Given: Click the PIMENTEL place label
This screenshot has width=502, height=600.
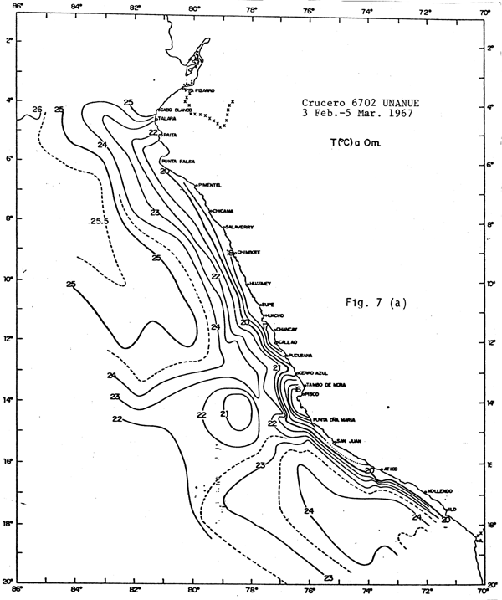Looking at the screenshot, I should (x=212, y=186).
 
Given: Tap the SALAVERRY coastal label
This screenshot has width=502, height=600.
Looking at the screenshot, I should (x=240, y=227).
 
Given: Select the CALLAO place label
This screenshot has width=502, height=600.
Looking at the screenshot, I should (x=286, y=342).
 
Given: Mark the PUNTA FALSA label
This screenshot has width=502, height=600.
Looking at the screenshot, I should (x=177, y=162).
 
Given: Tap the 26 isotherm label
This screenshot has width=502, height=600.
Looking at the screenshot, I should (x=37, y=110).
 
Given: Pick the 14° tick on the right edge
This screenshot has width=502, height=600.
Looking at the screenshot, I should (x=492, y=403).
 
